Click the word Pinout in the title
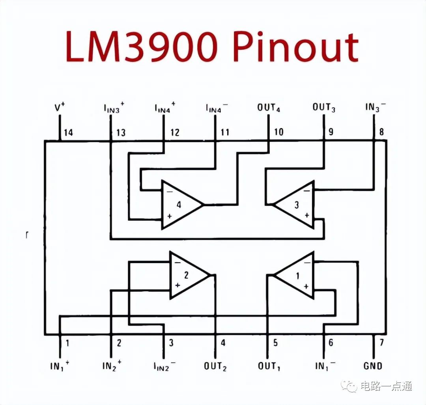coord(295,46)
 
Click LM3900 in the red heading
coord(142,46)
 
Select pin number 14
coord(69,133)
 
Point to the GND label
coord(373,366)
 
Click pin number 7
coord(381,342)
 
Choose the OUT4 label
coord(269,108)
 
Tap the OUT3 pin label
coord(324,108)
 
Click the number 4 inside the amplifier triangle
coord(179,205)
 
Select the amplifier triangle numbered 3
coord(294,205)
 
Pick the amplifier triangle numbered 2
coord(190,275)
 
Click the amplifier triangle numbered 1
coord(294,275)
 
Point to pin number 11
coord(225,132)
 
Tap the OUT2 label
coord(215,366)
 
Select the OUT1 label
coord(269,366)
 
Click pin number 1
coord(67,343)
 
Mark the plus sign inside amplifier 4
coord(170,216)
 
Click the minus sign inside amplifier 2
coord(177,262)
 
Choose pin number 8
coord(381,132)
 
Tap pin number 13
coord(121,133)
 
